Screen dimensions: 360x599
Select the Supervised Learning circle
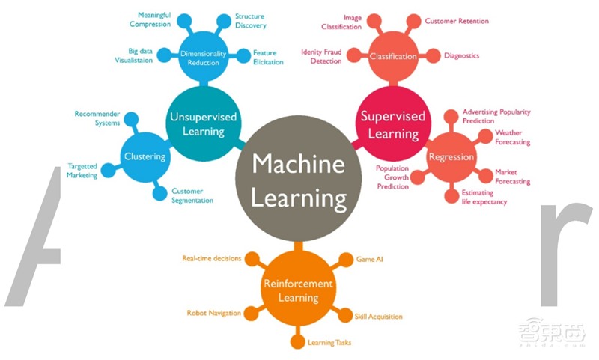[392, 125]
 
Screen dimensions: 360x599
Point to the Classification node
[393, 56]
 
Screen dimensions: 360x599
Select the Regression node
[451, 157]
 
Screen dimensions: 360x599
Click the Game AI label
[370, 259]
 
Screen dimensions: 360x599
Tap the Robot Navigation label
[214, 313]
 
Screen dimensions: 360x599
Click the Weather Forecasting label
[513, 137]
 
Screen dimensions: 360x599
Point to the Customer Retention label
[457, 21]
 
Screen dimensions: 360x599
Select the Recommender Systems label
[97, 118]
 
